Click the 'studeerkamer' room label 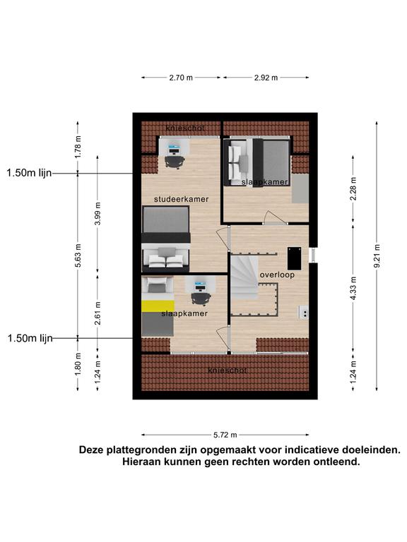tap(181, 199)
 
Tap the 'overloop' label tap(277, 275)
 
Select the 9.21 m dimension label tap(377, 255)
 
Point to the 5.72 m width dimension tap(225, 435)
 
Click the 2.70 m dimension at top tap(181, 78)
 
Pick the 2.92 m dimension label tap(266, 78)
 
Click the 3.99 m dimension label tap(98, 214)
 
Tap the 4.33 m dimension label tap(353, 288)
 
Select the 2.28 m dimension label tap(353, 188)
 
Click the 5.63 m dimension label tap(78, 255)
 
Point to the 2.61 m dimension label tap(98, 313)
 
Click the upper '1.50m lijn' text tap(29, 173)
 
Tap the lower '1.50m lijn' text tap(30, 338)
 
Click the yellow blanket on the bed tap(158, 306)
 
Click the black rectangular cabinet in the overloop tap(294, 258)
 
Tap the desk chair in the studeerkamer tap(175, 162)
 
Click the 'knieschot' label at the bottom tap(228, 371)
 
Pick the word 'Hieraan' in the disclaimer tap(141, 462)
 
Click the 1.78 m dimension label tap(78, 147)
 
